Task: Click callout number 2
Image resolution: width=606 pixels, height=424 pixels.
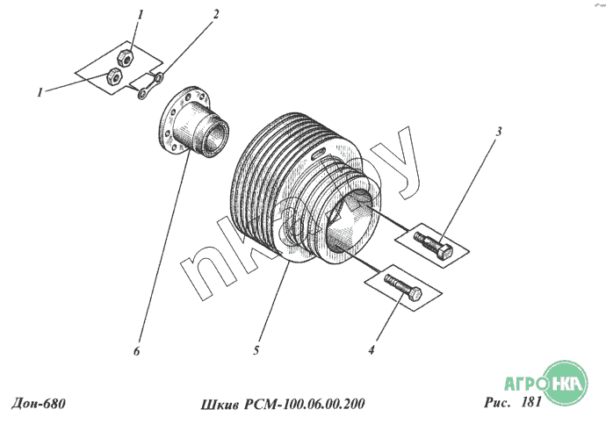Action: tap(216, 14)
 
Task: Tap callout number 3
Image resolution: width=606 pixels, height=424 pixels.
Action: tap(499, 132)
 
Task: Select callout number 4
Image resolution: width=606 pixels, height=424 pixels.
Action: tap(372, 350)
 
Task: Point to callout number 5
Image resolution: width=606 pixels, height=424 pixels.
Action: tap(256, 350)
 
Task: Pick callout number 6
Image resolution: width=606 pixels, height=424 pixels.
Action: tap(136, 351)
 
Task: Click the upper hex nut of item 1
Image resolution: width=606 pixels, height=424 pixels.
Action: tap(126, 58)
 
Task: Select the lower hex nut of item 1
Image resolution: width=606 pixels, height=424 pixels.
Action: tap(114, 76)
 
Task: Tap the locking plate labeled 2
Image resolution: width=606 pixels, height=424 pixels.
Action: tap(151, 86)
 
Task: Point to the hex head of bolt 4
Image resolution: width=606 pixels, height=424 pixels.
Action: tap(415, 294)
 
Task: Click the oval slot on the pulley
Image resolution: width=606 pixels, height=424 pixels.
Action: tap(318, 155)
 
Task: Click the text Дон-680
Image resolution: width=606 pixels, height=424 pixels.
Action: tap(39, 403)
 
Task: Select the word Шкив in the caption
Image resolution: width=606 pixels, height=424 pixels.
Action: tap(220, 405)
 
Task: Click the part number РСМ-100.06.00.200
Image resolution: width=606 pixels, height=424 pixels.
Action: tap(304, 404)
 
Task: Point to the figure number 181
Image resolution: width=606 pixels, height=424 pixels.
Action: tap(531, 402)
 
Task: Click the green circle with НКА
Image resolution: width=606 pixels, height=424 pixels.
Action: tap(565, 383)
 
